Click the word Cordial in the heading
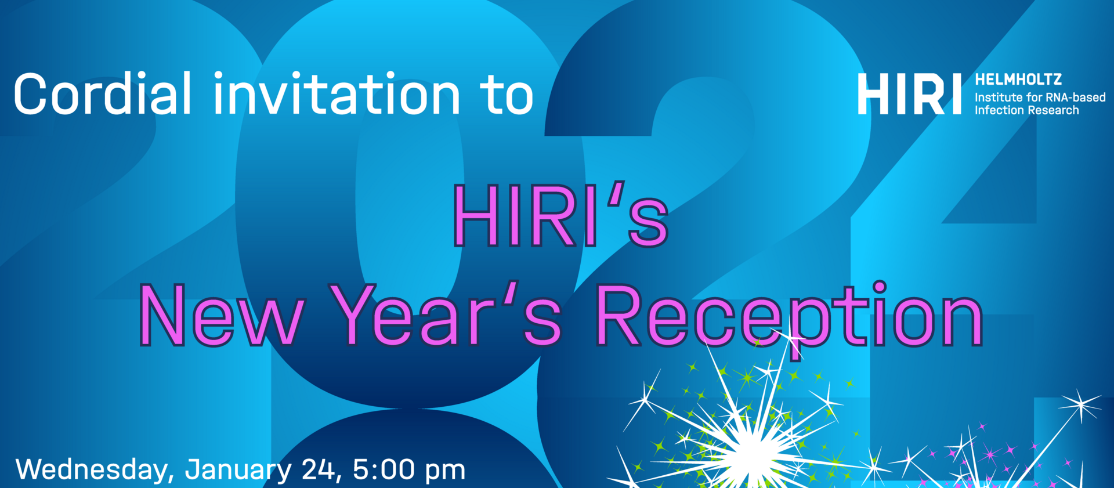(x=102, y=93)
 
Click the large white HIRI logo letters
(x=909, y=94)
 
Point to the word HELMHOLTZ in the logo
(x=1018, y=79)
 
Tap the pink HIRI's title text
(x=560, y=215)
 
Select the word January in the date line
(x=238, y=471)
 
